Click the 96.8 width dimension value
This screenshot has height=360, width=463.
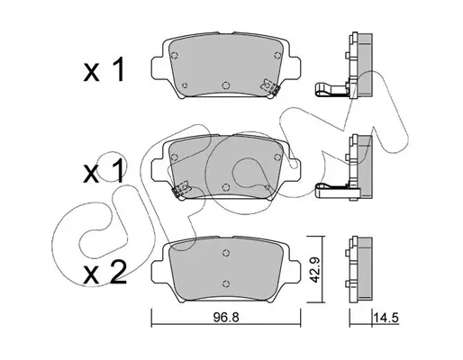(226, 317)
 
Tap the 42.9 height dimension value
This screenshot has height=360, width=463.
(315, 270)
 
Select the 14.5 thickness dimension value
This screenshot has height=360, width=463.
(386, 317)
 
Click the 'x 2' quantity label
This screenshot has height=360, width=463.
(104, 273)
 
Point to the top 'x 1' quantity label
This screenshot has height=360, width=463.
(104, 70)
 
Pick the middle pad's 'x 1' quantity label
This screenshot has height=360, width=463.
(104, 171)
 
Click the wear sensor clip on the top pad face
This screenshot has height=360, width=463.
(270, 87)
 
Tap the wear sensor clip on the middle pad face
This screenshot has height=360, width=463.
(180, 189)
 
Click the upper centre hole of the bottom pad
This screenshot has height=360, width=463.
(226, 253)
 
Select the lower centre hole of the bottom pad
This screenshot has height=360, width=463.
(226, 283)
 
